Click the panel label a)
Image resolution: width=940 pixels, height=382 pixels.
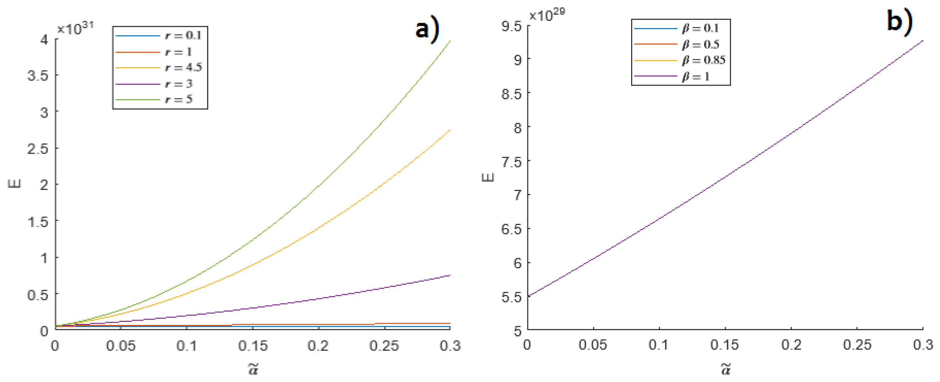pyautogui.click(x=427, y=30)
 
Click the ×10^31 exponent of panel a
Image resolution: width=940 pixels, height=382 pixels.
pyautogui.click(x=75, y=28)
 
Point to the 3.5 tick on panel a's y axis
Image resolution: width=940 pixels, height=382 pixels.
pyautogui.click(x=38, y=75)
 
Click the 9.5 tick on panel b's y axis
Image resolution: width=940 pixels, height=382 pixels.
pyautogui.click(x=511, y=26)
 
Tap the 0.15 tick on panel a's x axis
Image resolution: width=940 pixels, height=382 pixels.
pyautogui.click(x=253, y=346)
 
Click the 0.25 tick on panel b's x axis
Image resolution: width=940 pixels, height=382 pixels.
pyautogui.click(x=857, y=345)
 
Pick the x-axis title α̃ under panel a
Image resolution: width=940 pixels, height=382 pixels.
pyautogui.click(x=253, y=369)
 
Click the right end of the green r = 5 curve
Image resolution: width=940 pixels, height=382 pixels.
pyautogui.click(x=450, y=41)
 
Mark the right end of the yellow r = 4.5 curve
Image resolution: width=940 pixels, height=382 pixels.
pyautogui.click(x=450, y=130)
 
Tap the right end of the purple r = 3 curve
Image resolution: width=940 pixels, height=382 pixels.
pyautogui.click(x=450, y=275)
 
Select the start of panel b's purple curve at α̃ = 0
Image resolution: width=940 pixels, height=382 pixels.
pyautogui.click(x=528, y=296)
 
